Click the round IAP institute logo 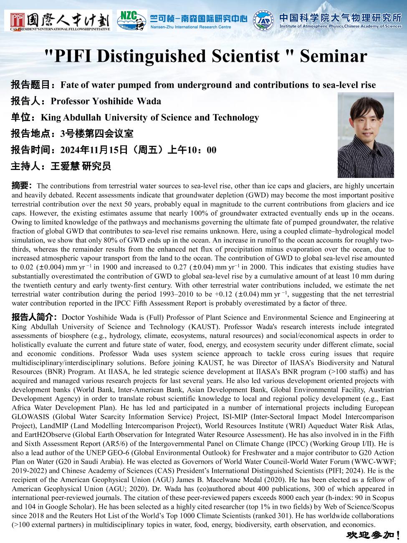coord(263,20)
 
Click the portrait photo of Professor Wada coord(366,135)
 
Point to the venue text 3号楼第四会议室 coord(97,134)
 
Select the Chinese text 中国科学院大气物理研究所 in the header coord(340,17)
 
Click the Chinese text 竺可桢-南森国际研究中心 coord(198,18)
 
